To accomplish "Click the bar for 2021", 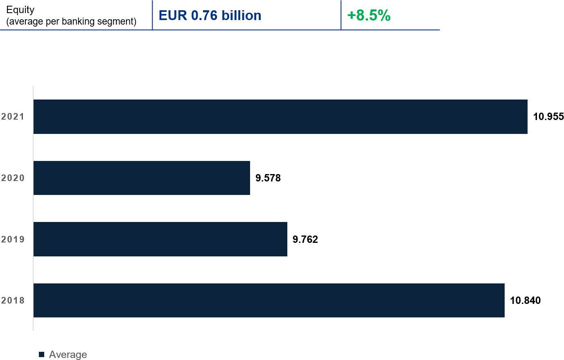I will coord(280,117).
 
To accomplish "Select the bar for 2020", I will coord(142,178).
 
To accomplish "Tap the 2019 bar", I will coord(160,239).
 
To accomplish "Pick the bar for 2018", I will coord(269,300).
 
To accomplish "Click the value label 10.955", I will coord(548,117).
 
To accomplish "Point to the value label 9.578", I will coord(268,178).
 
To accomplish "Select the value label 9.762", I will coord(305,239).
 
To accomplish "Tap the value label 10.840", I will coord(525,301).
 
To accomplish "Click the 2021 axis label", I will coord(13,117).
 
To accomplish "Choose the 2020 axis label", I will coord(13,178).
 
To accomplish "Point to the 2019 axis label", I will coord(13,239).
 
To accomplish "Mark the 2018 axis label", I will coord(13,301).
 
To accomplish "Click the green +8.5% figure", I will coord(368,16).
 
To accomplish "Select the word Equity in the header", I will coord(20,10).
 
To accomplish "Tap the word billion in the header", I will coord(241,16).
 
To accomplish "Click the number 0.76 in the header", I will coord(204,16).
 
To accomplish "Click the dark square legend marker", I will coord(41,354).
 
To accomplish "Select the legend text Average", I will coord(68,354).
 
